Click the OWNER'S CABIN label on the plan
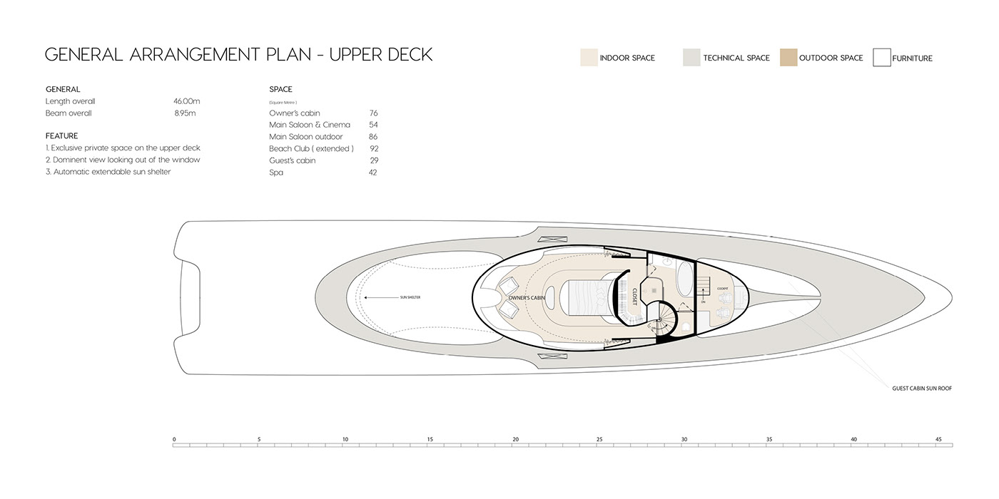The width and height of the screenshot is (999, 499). (x=527, y=297)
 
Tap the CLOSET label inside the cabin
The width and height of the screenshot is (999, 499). (x=634, y=297)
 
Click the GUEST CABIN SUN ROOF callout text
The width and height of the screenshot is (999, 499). (x=922, y=389)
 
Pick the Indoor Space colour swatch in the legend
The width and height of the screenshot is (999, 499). (x=588, y=58)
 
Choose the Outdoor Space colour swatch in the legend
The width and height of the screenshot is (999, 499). (x=788, y=58)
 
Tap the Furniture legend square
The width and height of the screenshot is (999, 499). (x=882, y=58)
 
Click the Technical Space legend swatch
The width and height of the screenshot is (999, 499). (x=691, y=58)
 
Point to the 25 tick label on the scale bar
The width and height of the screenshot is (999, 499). (x=599, y=439)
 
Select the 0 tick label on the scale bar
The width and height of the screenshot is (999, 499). (x=174, y=439)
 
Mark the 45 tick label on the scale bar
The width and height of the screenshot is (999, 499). (x=938, y=439)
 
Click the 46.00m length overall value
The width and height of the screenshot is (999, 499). (x=186, y=101)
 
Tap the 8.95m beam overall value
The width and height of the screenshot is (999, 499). (x=185, y=113)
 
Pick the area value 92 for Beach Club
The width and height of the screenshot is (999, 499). (x=373, y=148)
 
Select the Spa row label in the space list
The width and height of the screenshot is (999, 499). (x=276, y=173)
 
